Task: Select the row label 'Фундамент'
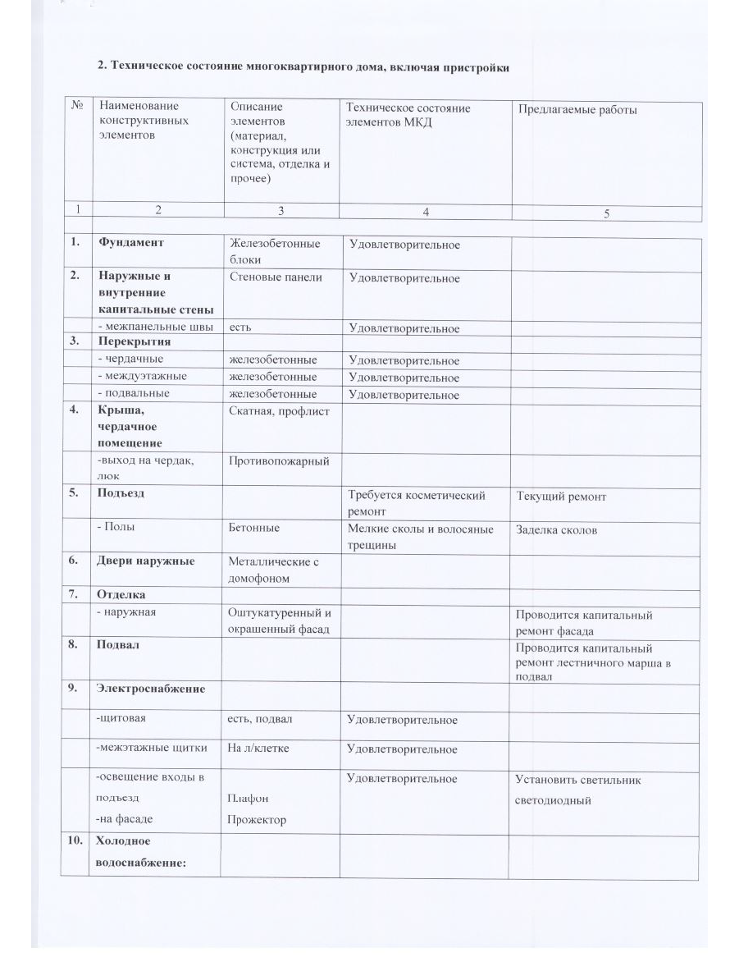tap(131, 243)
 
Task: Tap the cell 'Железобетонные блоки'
tap(275, 252)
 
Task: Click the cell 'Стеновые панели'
tap(276, 277)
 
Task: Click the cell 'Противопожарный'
tap(279, 461)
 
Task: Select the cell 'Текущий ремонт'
tap(561, 497)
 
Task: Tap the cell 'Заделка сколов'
tap(556, 529)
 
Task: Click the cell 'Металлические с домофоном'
tap(273, 570)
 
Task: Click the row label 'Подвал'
tap(118, 645)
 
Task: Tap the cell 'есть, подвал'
tap(260, 720)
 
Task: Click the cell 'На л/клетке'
tap(258, 749)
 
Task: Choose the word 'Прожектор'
tap(257, 819)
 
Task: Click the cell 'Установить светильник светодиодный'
tap(578, 790)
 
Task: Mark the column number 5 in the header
tap(606, 213)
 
